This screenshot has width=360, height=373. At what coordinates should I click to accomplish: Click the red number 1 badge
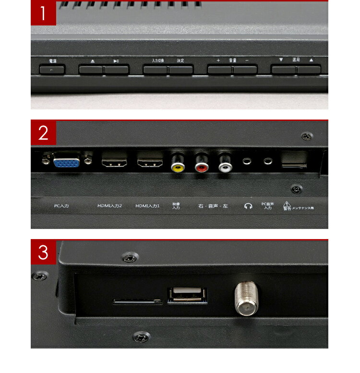(43, 13)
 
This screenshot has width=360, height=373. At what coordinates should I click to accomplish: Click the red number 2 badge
(43, 133)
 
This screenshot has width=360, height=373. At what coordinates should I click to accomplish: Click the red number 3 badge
(43, 253)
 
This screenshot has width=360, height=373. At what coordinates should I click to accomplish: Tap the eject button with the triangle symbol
(91, 70)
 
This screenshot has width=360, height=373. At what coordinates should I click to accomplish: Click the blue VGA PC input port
(67, 162)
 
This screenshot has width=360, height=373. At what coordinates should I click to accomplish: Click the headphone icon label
(248, 206)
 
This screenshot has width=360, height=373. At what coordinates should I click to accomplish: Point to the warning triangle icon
(287, 204)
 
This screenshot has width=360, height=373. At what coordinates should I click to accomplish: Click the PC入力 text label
(61, 206)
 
